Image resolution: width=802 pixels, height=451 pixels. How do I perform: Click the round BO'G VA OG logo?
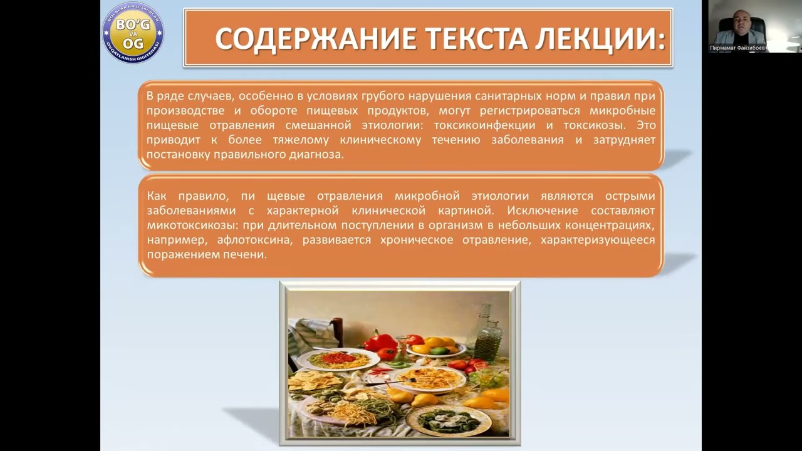point(133,33)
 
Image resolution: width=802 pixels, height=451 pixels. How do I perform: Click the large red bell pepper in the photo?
point(380,343)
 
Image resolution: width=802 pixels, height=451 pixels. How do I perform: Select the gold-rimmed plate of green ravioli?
point(448,420)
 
